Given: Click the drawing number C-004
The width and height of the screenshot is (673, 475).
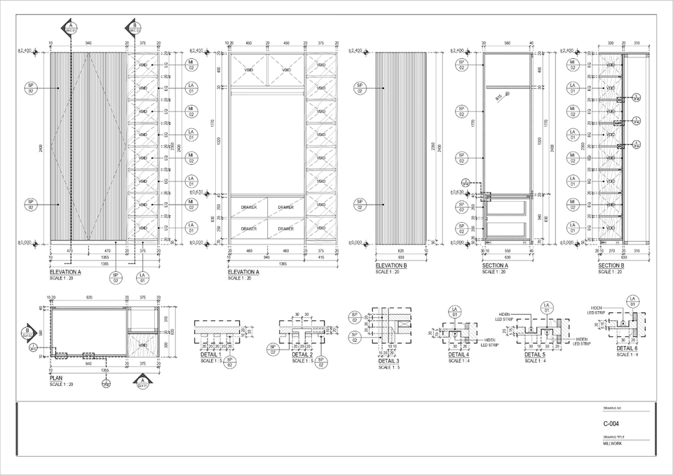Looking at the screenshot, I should coord(611,424).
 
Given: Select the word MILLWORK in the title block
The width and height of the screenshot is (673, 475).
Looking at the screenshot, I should coord(612,443).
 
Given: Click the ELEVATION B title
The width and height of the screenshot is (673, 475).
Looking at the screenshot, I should coord(391,266).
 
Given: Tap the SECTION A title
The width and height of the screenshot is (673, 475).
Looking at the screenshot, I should coord(496,266).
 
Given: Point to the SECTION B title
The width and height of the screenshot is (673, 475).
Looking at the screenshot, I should coord(611,266).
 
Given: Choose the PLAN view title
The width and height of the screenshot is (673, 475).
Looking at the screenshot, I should coord(56,378).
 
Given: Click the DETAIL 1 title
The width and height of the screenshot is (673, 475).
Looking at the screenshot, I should coord(210,355).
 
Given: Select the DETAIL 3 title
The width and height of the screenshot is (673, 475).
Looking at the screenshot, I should coord(388,361).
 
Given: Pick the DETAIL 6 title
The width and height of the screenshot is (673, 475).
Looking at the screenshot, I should coord(627,348).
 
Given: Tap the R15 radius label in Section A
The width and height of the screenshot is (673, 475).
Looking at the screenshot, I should coord(498,97).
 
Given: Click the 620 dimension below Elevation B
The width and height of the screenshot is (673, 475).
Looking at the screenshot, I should coord(400,251).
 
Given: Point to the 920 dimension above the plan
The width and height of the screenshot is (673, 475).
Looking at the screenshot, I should coord(88,297).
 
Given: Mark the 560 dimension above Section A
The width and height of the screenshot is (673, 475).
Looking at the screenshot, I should coord(507,43).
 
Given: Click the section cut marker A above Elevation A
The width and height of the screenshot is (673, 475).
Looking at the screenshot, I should coord(71,28).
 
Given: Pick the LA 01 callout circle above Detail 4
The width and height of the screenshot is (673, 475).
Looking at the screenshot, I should coord(454,311).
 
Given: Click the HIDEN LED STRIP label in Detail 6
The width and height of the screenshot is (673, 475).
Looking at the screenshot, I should coord(597,310).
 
